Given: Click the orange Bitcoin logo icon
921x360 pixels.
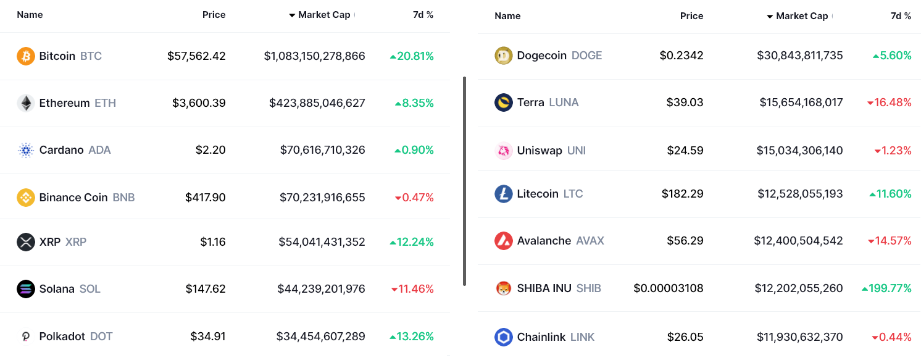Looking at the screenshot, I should [26, 56].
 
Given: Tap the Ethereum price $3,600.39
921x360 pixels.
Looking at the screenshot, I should [199, 103].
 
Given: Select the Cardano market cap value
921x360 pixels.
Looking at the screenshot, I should [322, 150].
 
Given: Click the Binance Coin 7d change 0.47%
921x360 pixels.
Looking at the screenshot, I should [418, 198].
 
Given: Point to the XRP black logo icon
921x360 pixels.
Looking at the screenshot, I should [26, 242].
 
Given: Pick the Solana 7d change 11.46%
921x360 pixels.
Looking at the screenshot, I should [415, 289].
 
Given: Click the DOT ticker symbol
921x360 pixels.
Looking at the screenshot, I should [101, 337].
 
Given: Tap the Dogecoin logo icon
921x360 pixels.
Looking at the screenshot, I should [504, 56].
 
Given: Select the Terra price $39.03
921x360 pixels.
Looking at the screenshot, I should [685, 103].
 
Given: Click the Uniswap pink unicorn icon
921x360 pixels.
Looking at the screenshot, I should [504, 151].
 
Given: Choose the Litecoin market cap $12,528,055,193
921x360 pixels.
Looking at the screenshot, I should [800, 194].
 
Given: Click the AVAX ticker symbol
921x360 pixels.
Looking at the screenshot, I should [590, 241].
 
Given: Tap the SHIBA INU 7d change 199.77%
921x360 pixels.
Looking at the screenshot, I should [890, 288].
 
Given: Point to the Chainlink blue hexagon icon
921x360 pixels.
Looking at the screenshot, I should [504, 337].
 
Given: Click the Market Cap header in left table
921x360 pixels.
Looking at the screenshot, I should [323, 15].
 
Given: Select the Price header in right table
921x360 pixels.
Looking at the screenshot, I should [691, 16].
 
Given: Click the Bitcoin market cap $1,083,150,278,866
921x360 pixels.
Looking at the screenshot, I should [314, 56].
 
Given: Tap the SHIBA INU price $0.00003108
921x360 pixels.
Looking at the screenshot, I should [668, 288].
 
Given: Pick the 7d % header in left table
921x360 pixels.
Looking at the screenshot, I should [423, 15].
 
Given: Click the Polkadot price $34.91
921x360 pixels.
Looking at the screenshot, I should [207, 337].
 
